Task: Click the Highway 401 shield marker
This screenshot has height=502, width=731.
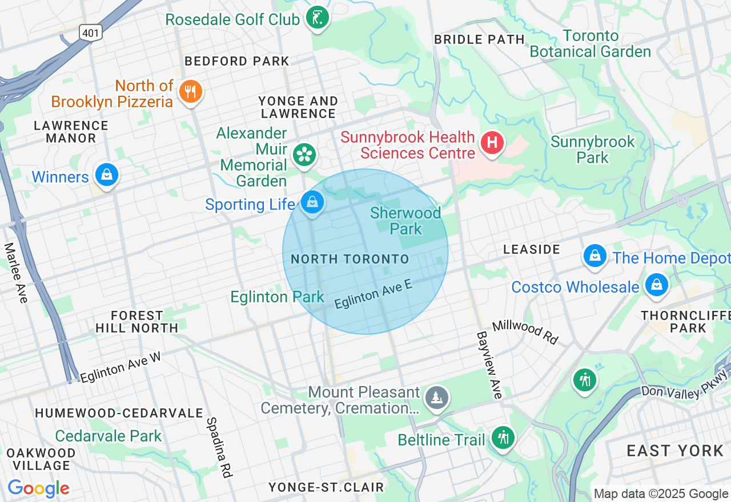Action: coord(90,33)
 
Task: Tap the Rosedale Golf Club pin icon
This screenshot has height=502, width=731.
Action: coord(316,18)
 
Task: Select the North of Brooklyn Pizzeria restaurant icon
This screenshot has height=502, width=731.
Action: coord(190,91)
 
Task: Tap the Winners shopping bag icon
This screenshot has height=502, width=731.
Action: coord(106,175)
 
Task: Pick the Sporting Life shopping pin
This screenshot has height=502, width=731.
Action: coord(312,202)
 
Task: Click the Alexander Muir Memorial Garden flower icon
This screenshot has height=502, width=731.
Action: coord(304,154)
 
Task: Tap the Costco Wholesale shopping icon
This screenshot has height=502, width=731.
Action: coord(656,285)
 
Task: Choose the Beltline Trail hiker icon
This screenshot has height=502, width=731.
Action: coord(503,438)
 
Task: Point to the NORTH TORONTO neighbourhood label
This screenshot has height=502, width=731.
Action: coord(350,259)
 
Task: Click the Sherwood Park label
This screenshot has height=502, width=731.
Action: coord(405,221)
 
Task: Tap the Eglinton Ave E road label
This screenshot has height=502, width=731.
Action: coord(373,294)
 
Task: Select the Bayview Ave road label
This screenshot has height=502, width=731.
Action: coord(489,365)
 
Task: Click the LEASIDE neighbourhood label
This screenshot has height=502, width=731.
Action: coord(532,249)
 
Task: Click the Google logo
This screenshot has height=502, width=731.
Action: coord(38,488)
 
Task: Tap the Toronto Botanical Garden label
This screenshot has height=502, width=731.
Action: coord(590,44)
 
